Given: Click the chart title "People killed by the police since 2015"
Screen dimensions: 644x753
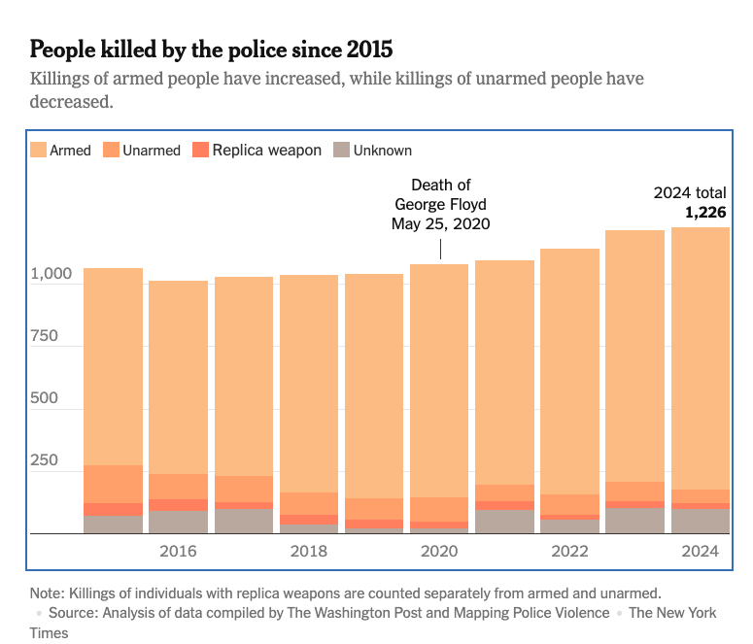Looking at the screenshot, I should (x=212, y=49).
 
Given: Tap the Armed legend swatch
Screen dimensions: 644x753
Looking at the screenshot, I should (x=39, y=151).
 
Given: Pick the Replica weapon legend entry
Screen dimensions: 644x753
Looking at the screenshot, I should (x=257, y=151).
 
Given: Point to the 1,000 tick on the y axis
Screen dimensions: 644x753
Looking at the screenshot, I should (x=51, y=275).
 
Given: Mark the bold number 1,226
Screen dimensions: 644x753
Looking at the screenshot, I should (x=705, y=213).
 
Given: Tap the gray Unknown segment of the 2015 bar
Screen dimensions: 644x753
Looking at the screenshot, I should (x=113, y=525).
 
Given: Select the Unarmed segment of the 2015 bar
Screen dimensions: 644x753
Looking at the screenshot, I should (x=113, y=484).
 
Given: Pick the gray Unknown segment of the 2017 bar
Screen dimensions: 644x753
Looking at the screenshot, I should (x=244, y=521).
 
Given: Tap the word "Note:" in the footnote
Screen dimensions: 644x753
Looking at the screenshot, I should (x=49, y=592).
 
